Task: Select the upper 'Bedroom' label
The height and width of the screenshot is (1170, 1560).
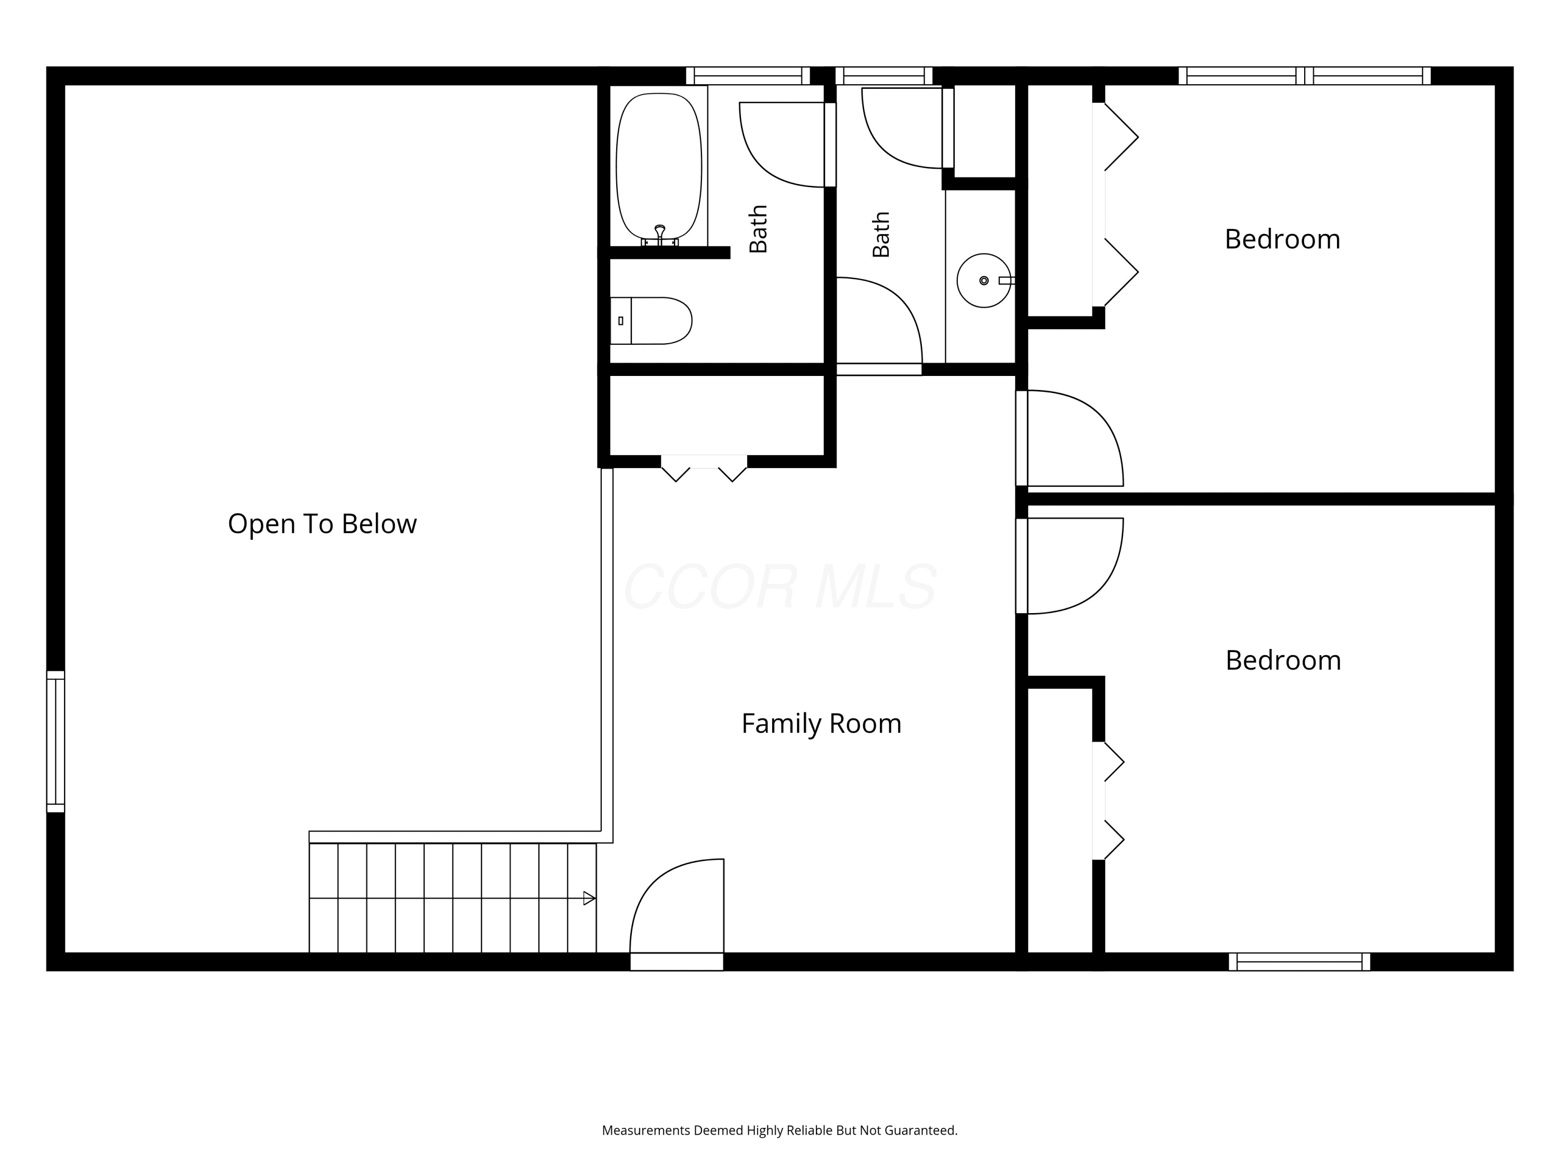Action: (x=1282, y=239)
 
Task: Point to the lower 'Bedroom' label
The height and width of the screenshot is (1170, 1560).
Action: (x=1283, y=660)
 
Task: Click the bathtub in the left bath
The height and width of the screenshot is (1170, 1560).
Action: (x=659, y=166)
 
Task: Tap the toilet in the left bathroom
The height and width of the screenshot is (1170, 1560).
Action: (x=650, y=321)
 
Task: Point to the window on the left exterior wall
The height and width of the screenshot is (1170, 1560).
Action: (x=56, y=741)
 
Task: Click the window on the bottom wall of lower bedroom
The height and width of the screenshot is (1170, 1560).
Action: (x=1299, y=962)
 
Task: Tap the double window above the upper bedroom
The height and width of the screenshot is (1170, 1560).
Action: (x=1305, y=75)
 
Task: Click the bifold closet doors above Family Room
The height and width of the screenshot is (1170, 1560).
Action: (x=704, y=469)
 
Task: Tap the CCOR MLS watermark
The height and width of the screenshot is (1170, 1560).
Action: (x=780, y=587)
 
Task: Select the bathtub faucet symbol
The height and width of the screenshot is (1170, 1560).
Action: (x=659, y=235)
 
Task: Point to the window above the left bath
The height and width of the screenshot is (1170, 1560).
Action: (x=748, y=75)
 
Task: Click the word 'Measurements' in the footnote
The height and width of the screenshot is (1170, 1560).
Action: (x=646, y=1130)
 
